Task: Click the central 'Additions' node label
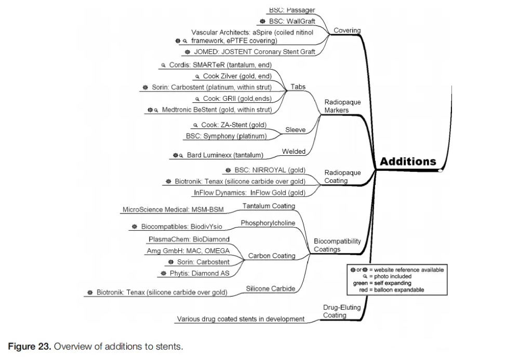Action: pos(408,161)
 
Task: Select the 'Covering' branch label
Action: pos(347,31)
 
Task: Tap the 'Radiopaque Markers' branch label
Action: pos(342,106)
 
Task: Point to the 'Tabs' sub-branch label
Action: pos(298,87)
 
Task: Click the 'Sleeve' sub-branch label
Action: pos(296,130)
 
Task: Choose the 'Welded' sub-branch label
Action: pos(294,151)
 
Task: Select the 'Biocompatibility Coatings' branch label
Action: pos(337,245)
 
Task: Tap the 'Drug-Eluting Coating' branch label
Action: pos(341,311)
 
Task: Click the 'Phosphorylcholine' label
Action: pos(268,223)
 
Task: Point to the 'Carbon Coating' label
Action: pos(272,256)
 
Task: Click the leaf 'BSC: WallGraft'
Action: pos(292,21)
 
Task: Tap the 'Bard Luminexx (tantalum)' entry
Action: pos(225,155)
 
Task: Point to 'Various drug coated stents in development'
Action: pos(241,319)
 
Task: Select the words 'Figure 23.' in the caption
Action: pos(29,346)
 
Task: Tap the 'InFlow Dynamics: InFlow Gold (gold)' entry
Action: pos(249,192)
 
